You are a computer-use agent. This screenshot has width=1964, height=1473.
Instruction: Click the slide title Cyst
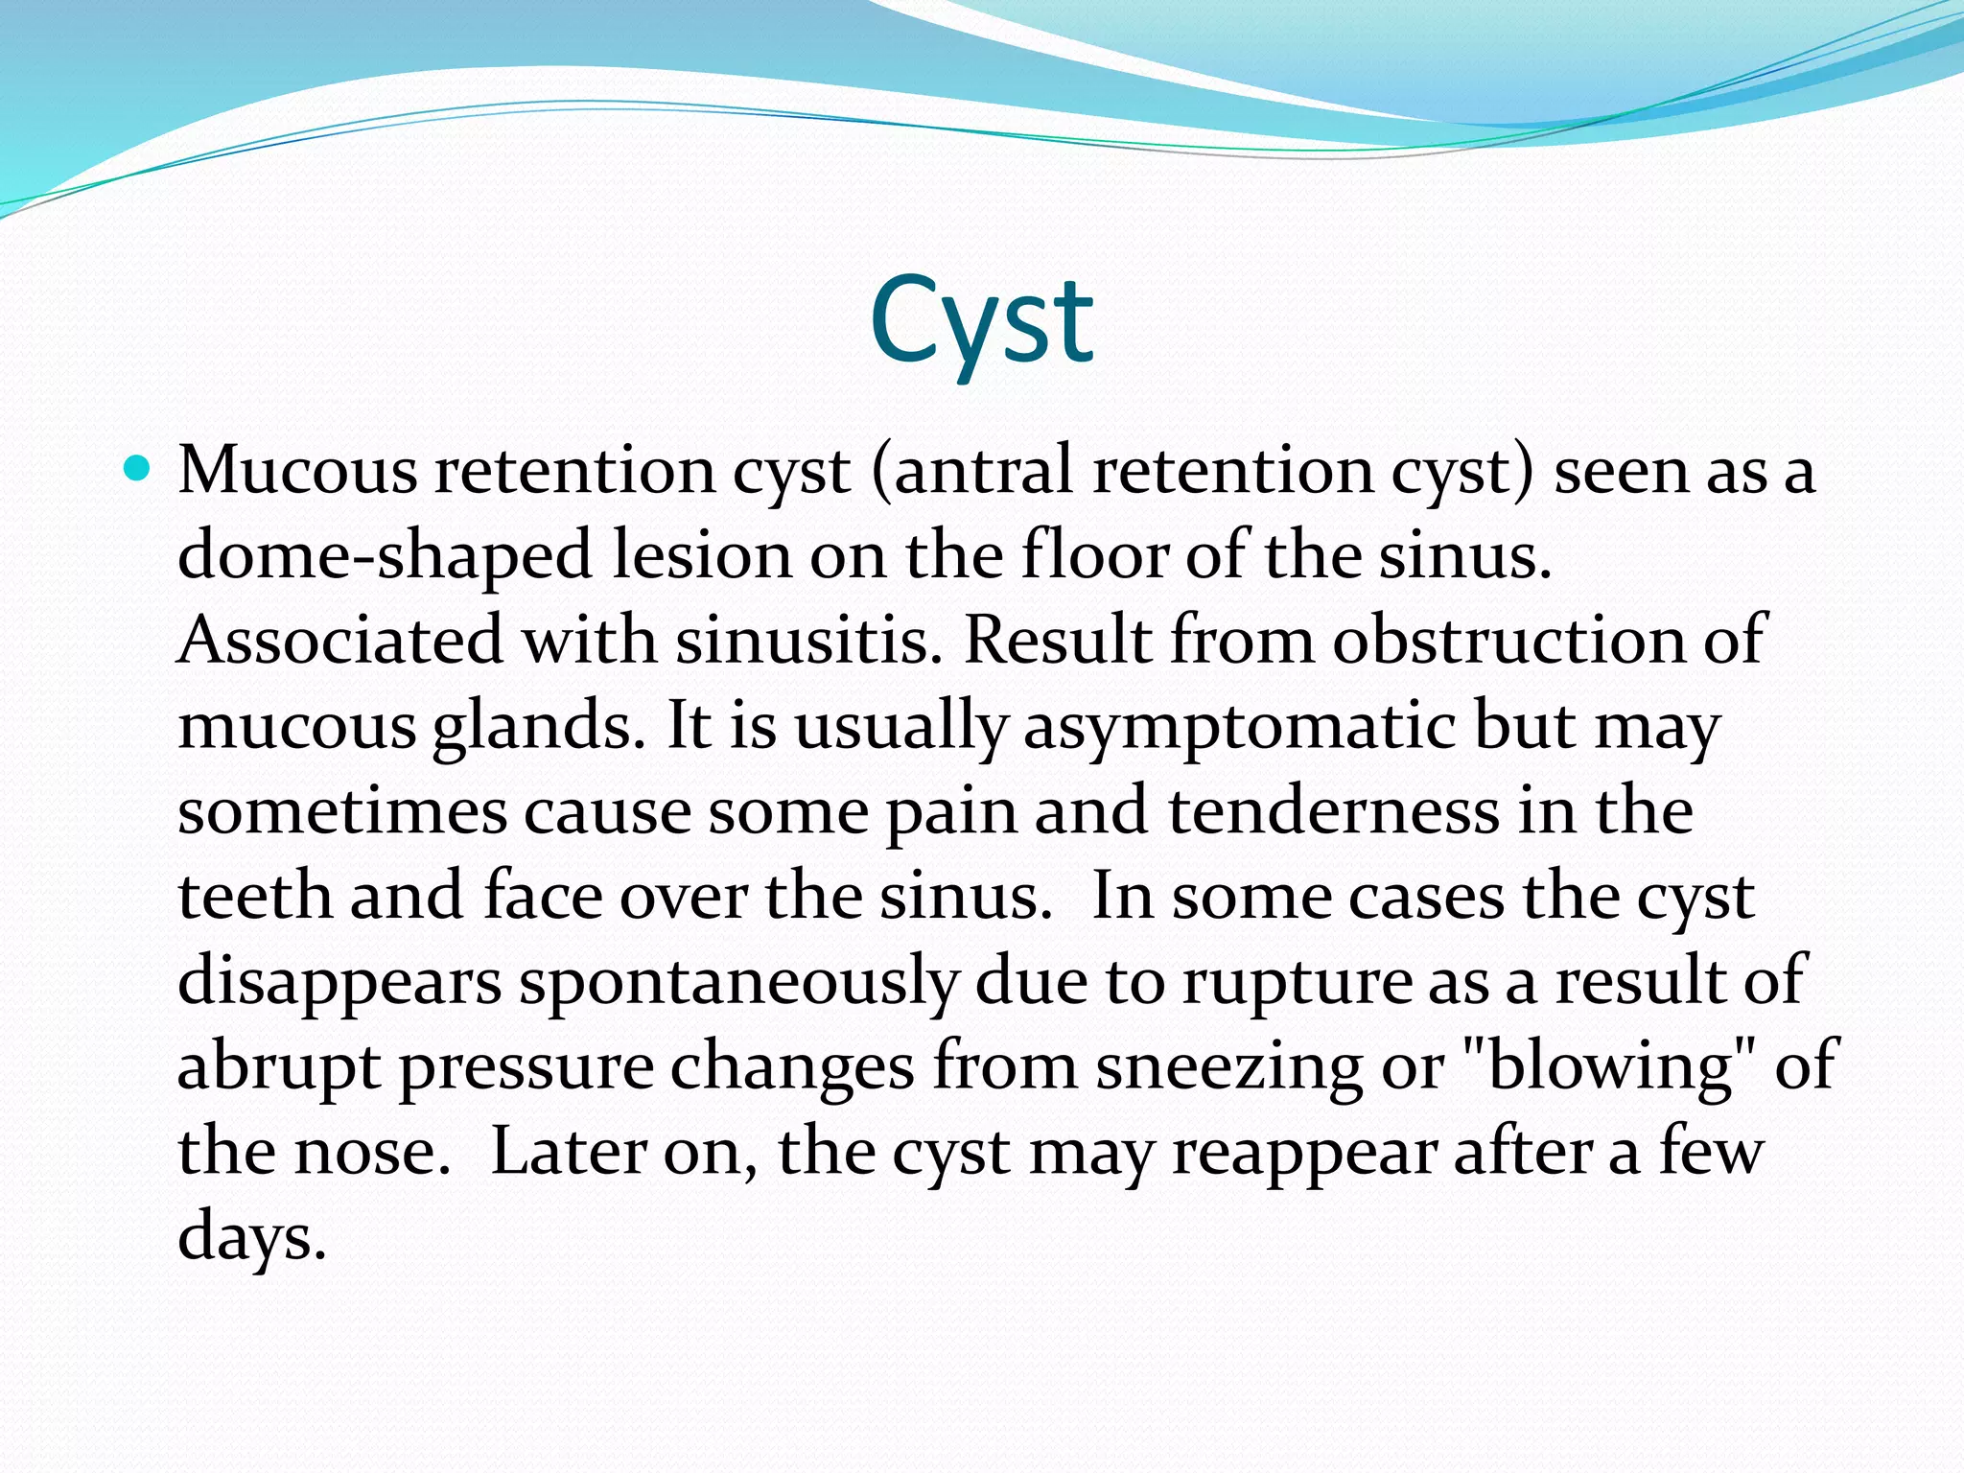[981, 321]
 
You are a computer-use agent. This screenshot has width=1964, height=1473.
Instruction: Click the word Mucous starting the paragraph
[298, 472]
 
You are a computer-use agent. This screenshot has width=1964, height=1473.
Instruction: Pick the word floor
[1094, 556]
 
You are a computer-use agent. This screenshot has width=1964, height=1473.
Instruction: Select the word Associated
[340, 641]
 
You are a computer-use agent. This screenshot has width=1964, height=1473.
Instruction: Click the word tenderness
[1334, 811]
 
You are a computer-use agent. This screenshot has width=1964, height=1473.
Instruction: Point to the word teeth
[255, 897]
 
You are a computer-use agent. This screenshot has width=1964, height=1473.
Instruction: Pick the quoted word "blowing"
[1612, 1066]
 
